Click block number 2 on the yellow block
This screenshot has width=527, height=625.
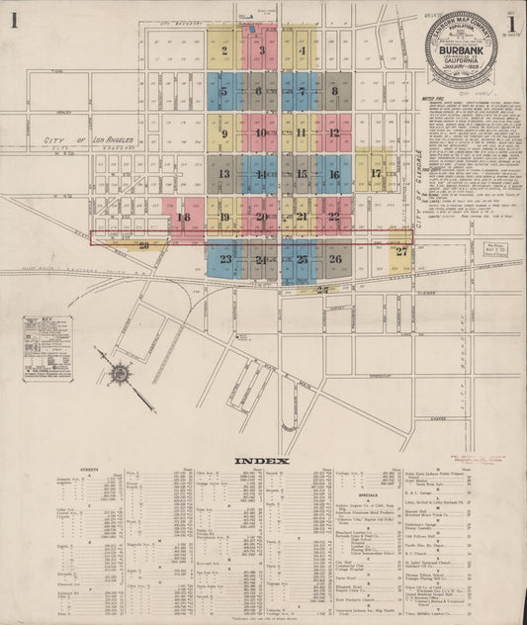pos(224,50)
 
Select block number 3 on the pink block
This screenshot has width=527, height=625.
pos(262,49)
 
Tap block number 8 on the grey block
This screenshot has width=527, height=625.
pos(334,91)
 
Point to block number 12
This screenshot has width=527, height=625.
pos(334,133)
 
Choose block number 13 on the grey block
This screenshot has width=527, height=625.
pos(224,173)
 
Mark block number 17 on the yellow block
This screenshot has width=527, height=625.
pos(375,173)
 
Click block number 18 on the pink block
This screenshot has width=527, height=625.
pos(182,217)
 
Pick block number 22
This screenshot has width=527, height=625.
pos(334,216)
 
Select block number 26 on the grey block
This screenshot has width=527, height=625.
pos(334,259)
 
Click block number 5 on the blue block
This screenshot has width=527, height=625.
pos(224,91)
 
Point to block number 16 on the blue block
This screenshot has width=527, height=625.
pos(334,173)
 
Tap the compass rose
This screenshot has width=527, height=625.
pos(120,374)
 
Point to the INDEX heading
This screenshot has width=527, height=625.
pos(262,461)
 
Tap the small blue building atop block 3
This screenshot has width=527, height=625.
pos(254,30)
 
